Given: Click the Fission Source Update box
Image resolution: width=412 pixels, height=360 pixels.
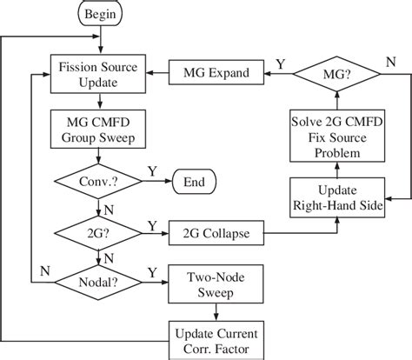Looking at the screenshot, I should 103,75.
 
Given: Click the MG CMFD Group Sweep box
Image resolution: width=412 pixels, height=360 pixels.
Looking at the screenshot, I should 103,130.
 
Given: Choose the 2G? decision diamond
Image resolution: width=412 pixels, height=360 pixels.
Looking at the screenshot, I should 103,233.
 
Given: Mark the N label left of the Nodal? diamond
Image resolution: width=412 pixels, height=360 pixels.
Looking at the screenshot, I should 43,270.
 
